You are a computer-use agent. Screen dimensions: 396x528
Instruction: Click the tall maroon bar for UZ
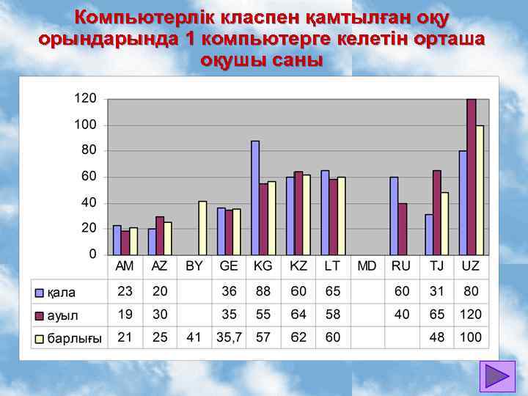(x=471, y=176)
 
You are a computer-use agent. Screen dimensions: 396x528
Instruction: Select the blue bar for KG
(x=255, y=197)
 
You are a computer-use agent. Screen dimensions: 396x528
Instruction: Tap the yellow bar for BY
(x=202, y=227)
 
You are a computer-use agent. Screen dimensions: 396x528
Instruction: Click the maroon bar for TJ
(x=436, y=212)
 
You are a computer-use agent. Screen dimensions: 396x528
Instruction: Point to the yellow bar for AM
(x=133, y=241)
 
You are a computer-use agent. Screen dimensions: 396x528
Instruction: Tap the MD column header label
(x=367, y=265)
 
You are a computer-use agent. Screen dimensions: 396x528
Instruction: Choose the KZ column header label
(x=298, y=265)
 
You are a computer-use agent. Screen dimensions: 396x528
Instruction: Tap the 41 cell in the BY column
(x=194, y=338)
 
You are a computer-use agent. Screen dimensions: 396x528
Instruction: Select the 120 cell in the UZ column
(x=471, y=315)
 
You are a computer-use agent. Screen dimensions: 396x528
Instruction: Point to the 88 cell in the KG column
(x=263, y=291)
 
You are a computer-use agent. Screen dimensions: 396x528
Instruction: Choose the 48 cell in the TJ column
(x=436, y=338)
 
